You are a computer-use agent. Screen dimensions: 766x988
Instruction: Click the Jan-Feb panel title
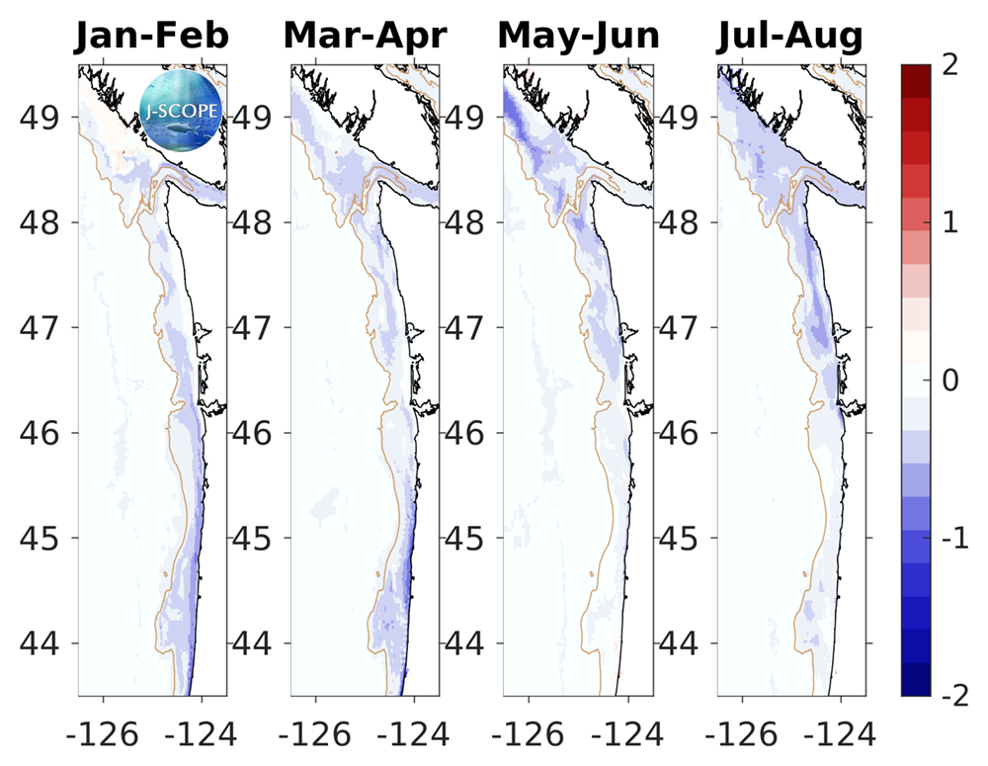tap(152, 37)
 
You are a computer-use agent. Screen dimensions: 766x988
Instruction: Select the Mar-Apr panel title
tap(365, 37)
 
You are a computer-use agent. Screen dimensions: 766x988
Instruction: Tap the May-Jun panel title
tap(578, 37)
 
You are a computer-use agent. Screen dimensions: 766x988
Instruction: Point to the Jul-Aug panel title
tap(790, 37)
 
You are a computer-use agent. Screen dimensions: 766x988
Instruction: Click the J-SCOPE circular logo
tap(182, 108)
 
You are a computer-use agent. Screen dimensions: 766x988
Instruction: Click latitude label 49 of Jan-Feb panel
tap(44, 117)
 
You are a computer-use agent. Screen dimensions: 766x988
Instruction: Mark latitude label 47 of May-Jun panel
tap(469, 327)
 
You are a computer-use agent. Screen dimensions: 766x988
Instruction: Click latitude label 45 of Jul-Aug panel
tap(682, 539)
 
